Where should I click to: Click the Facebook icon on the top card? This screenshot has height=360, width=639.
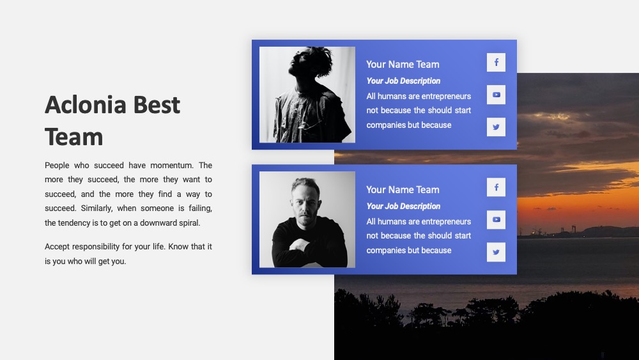click(x=496, y=63)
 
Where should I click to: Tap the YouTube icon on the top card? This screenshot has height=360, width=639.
click(x=496, y=95)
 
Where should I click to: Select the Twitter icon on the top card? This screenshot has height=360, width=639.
click(x=496, y=127)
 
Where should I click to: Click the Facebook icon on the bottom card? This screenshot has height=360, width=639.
click(x=496, y=187)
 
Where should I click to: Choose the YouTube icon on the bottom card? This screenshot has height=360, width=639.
click(x=496, y=220)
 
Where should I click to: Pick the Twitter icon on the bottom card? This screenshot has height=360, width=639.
click(x=496, y=252)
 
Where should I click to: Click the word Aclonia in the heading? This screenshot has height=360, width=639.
click(x=86, y=105)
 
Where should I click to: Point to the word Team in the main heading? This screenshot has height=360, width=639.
click(x=73, y=137)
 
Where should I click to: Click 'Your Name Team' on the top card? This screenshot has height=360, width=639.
click(x=403, y=65)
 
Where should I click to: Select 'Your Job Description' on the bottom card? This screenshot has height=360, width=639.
click(x=403, y=207)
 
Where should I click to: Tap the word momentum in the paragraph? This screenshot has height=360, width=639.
click(x=171, y=166)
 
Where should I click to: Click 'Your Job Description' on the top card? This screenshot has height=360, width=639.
click(x=403, y=81)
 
